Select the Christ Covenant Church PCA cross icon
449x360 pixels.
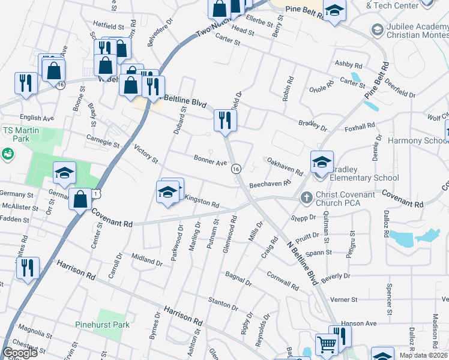point(306,197)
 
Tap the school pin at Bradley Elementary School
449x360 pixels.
point(322,162)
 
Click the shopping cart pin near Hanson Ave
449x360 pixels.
point(327,345)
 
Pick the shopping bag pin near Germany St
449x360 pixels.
point(80,198)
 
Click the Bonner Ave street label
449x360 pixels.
point(210,162)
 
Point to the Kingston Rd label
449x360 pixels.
point(202,200)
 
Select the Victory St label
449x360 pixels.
point(146,154)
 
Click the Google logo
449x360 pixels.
point(20,353)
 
